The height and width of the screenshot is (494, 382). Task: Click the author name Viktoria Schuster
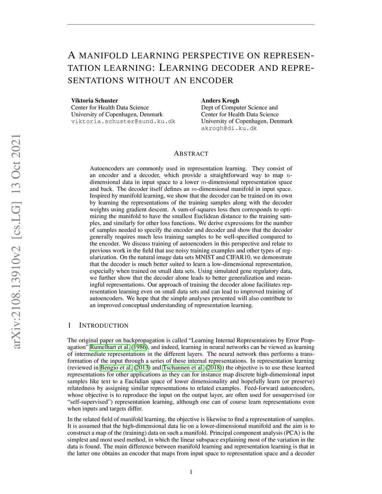[x=94, y=100]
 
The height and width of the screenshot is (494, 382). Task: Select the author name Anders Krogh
[x=220, y=100]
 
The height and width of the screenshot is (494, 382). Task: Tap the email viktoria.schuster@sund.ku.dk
[x=123, y=122]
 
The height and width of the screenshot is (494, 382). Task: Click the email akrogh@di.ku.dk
[x=229, y=128]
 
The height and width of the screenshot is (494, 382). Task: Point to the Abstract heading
[x=191, y=154]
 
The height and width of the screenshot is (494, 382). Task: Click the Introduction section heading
[x=104, y=325]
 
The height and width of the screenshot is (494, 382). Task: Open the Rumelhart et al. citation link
[x=110, y=347]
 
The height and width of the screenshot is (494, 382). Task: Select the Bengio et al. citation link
[x=116, y=368]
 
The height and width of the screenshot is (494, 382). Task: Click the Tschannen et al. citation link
[x=183, y=368]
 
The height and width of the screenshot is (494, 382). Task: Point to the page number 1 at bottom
[x=191, y=472]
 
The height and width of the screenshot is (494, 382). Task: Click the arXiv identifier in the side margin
[x=17, y=242]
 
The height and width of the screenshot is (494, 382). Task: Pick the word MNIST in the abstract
[x=209, y=257]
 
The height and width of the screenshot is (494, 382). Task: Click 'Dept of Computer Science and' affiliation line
[x=239, y=107]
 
